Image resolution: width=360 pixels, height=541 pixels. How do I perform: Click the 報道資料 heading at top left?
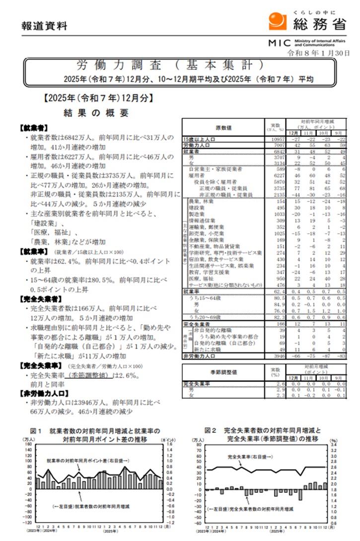(x=44, y=26)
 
